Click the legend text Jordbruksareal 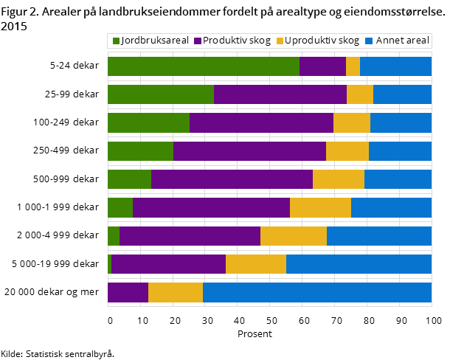point(155,41)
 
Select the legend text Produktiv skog point(237,41)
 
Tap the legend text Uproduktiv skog point(322,41)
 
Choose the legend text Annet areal point(402,41)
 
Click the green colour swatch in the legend point(116,41)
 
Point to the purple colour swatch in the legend point(198,41)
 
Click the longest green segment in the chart point(204,66)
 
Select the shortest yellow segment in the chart point(353,66)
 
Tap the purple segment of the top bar point(322,66)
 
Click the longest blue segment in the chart point(317,292)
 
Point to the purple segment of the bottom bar point(128,292)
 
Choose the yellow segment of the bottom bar point(176,292)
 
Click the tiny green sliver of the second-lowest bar point(109,264)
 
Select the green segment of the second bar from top point(161,94)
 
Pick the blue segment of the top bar point(395,66)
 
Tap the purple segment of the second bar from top point(280,94)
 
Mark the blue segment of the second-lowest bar point(359,264)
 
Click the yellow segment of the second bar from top point(360,94)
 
